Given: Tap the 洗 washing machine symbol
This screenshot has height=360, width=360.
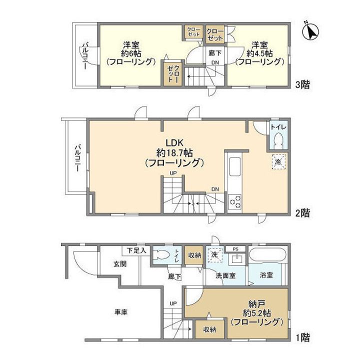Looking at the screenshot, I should click(214, 254).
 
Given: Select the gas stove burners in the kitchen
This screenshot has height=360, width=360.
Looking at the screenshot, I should click(234, 201).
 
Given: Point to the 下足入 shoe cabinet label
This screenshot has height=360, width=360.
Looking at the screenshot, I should click(135, 250).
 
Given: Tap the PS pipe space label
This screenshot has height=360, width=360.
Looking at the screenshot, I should click(235, 248).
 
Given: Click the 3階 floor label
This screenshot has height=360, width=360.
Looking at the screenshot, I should click(302, 84).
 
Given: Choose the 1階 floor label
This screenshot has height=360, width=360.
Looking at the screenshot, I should click(302, 338).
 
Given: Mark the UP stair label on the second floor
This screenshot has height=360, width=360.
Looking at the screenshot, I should click(173, 173).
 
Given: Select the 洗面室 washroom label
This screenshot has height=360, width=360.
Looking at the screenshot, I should click(226, 275).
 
